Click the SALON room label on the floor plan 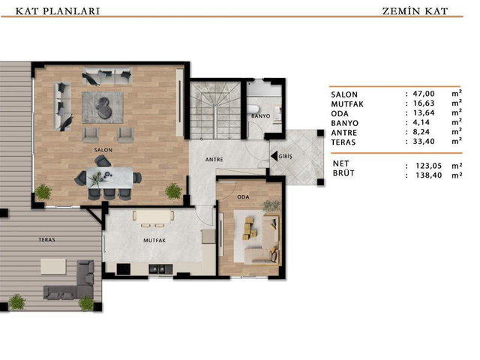pos(103,150)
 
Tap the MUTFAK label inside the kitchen pos(154,241)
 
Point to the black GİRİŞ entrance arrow pos(274,156)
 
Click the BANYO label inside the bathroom pos(261,116)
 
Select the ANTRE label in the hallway pos(214,160)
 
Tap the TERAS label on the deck pos(46,239)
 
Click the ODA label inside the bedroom pos(243,196)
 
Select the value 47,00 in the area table pos(424,94)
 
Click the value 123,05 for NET pos(429,166)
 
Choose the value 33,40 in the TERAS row pos(424,142)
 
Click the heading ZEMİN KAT pos(415,11)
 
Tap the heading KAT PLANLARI pos(58,11)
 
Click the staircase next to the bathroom pos(215,110)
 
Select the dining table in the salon pos(110,177)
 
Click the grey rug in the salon pos(103,107)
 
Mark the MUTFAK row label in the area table pos(347,104)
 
